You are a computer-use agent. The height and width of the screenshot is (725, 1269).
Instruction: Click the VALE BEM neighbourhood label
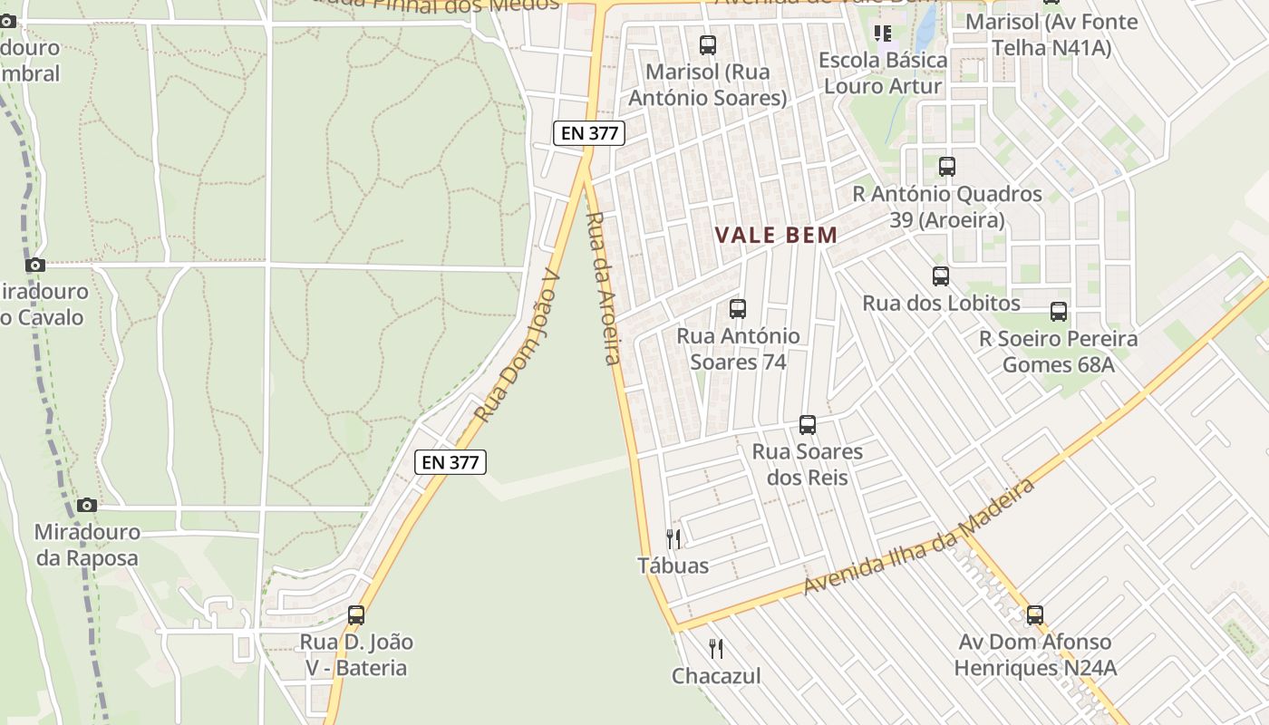click(x=776, y=236)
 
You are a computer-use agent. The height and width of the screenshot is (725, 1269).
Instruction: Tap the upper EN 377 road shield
click(x=589, y=133)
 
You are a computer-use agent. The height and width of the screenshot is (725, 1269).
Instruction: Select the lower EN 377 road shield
click(x=450, y=462)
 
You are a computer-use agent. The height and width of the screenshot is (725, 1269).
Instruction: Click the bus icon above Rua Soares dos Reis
click(x=807, y=424)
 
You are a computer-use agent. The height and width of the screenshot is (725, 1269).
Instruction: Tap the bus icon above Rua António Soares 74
click(x=738, y=309)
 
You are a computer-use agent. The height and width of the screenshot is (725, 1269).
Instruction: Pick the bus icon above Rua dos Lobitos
click(x=941, y=276)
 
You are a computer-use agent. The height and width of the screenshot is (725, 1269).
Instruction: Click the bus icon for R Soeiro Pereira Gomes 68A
click(x=1058, y=312)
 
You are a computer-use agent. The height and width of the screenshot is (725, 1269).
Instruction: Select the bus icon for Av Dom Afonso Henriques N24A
click(x=1035, y=615)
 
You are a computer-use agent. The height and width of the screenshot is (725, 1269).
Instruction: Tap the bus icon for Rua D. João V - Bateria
click(x=356, y=614)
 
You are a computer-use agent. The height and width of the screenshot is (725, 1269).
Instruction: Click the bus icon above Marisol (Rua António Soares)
click(x=708, y=44)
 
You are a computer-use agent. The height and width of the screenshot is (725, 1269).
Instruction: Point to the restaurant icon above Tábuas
click(x=673, y=539)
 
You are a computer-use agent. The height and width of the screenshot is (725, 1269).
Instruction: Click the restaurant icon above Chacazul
click(x=716, y=649)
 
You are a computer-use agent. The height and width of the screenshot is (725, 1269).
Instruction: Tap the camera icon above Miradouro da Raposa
click(x=87, y=505)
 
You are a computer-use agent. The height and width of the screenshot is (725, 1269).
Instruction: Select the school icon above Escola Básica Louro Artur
click(x=883, y=34)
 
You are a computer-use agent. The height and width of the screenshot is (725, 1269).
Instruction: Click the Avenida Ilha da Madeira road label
click(x=919, y=537)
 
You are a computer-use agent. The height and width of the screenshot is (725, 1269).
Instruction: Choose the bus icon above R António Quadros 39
click(x=947, y=167)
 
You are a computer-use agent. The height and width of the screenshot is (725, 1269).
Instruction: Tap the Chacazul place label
click(x=716, y=676)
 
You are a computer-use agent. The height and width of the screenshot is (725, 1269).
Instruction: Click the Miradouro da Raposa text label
click(x=87, y=545)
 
